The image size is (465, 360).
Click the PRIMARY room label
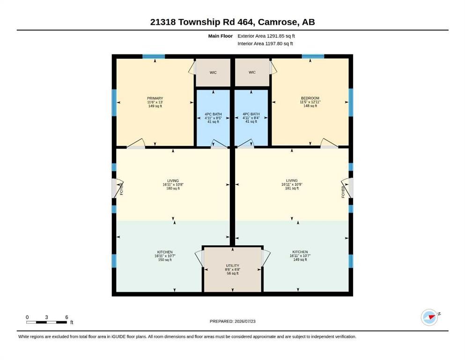click(155, 98)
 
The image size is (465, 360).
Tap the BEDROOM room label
click(310, 98)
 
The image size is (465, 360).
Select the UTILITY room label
click(232, 266)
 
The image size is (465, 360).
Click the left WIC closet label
click(213, 72)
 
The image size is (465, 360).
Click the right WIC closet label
click(252, 72)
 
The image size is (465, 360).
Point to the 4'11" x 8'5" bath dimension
click(213, 118)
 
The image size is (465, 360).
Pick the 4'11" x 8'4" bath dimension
click(251, 118)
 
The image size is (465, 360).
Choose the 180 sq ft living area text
click(173, 188)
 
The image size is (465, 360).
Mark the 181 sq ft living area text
click(292, 188)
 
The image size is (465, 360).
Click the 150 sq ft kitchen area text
click(165, 260)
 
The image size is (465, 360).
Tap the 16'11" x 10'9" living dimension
click(292, 184)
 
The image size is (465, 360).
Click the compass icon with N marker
click(429, 317)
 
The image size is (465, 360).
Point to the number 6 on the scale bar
click(66, 317)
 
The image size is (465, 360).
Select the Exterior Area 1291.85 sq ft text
click(266, 36)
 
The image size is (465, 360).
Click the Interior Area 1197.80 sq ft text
click(265, 44)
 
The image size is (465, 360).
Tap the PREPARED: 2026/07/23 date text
click(232, 321)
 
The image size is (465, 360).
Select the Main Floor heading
click(221, 36)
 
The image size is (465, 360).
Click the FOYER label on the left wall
click(121, 189)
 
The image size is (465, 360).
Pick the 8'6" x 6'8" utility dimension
click(232, 270)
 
